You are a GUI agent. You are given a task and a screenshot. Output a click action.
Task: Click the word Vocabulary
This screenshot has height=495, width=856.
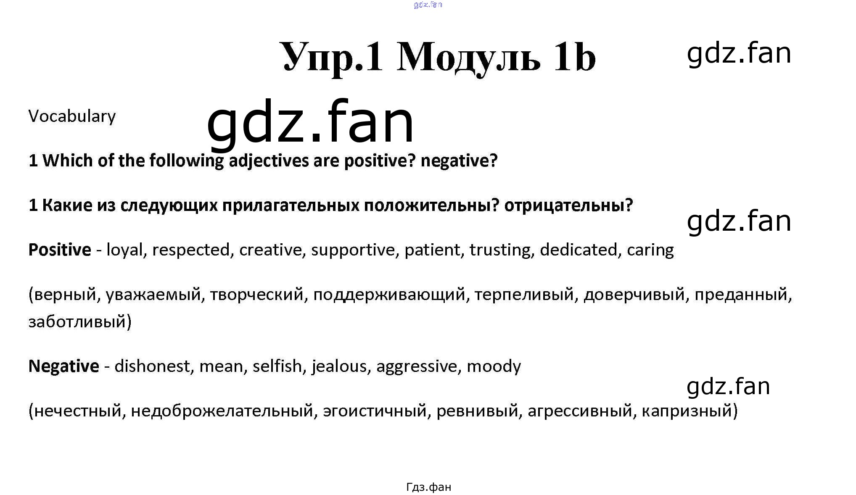(x=72, y=116)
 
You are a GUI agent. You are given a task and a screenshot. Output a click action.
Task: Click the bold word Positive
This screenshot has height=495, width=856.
(x=60, y=250)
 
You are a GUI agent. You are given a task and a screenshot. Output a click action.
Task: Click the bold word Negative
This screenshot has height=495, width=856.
(x=64, y=366)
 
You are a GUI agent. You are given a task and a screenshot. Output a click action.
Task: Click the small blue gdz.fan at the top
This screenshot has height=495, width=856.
(x=428, y=5)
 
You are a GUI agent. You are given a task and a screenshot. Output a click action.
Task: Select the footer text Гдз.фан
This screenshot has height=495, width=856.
(x=429, y=487)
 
